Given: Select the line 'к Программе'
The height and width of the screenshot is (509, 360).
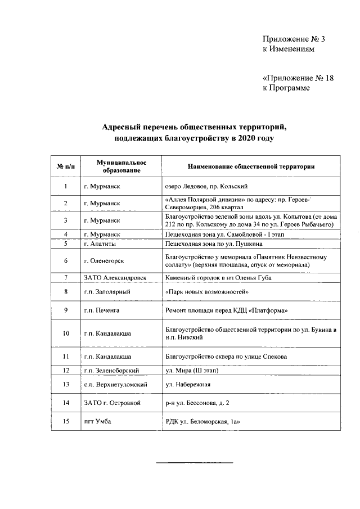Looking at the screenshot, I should point(286,88).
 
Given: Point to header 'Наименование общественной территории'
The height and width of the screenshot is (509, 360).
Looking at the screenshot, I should point(250,166).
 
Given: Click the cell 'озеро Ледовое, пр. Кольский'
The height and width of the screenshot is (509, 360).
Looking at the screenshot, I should point(206,186).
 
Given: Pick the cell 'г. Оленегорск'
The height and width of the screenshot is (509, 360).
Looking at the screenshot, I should point(104,261).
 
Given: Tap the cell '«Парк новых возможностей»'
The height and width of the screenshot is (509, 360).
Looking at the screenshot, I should point(207,292).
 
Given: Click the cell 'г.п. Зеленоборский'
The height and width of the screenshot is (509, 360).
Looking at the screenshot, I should point(111,370).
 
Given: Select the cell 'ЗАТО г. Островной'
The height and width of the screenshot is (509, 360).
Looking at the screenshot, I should point(112,403).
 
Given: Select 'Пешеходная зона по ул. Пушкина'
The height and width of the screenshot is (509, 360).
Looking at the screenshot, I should point(214,244).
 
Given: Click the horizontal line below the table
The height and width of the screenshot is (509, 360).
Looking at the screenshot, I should point(194,462).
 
